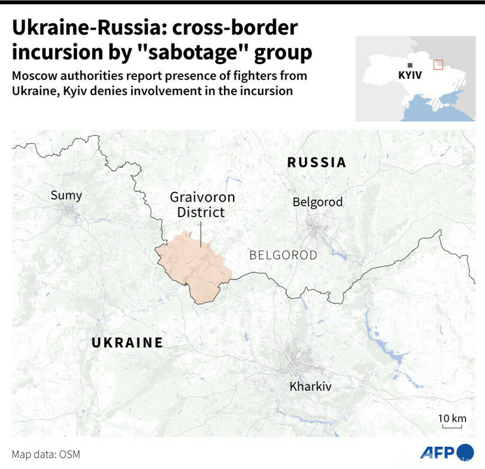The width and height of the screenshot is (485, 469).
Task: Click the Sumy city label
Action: (x=66, y=195)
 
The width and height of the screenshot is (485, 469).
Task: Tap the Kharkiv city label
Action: (x=310, y=386)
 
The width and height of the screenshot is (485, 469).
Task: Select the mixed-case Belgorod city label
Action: (x=317, y=202)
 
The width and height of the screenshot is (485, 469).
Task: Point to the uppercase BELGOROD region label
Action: (x=283, y=255)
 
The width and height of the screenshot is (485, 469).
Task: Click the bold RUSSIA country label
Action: (x=317, y=162)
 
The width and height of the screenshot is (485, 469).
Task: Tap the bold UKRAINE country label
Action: (x=127, y=342)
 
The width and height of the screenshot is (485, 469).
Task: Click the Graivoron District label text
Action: (x=202, y=205)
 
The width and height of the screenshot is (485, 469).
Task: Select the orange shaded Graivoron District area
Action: (x=195, y=266)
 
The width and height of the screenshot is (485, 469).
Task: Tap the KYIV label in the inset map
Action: (x=410, y=76)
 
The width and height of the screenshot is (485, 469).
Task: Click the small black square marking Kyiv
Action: (x=410, y=65)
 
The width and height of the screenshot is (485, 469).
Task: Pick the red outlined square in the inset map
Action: (x=438, y=64)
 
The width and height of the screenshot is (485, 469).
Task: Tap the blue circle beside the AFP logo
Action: (x=465, y=452)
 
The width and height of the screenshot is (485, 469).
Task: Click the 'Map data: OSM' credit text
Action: (x=46, y=454)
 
